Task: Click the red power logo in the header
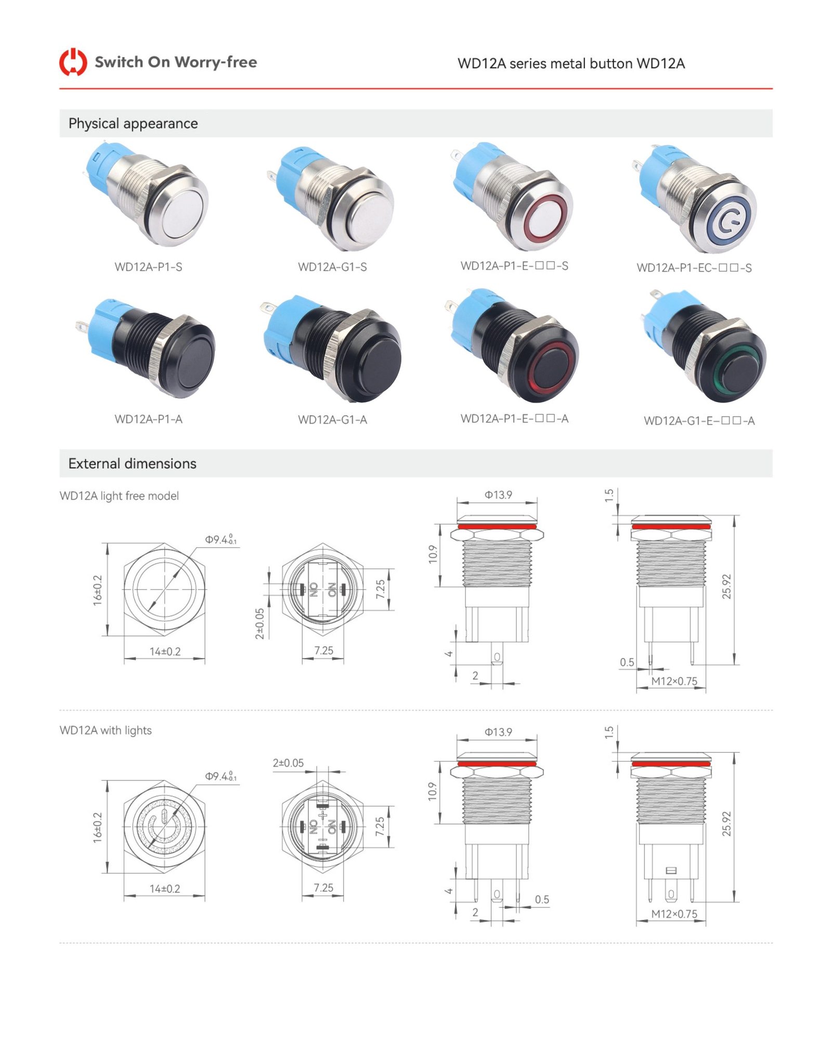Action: point(73,62)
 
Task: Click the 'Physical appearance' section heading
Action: point(133,123)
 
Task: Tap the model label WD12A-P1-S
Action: point(148,267)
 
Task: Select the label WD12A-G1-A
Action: point(332,419)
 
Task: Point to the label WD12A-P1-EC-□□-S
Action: point(694,268)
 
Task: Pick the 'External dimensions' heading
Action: point(133,464)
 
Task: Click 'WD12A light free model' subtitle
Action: point(119,496)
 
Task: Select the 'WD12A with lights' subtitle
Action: point(106,730)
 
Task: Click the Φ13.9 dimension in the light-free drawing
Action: point(498,495)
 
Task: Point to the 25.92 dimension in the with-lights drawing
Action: point(726,824)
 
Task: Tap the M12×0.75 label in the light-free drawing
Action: point(674,681)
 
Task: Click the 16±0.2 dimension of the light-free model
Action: point(97,590)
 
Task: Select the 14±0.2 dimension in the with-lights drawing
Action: point(165,889)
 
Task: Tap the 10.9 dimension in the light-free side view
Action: point(433,554)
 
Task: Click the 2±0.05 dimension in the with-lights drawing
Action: point(288,763)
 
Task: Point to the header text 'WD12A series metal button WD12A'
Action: point(571,63)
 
